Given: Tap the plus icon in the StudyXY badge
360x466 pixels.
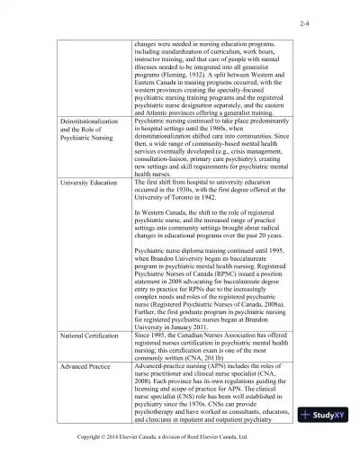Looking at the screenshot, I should (308, 441).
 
